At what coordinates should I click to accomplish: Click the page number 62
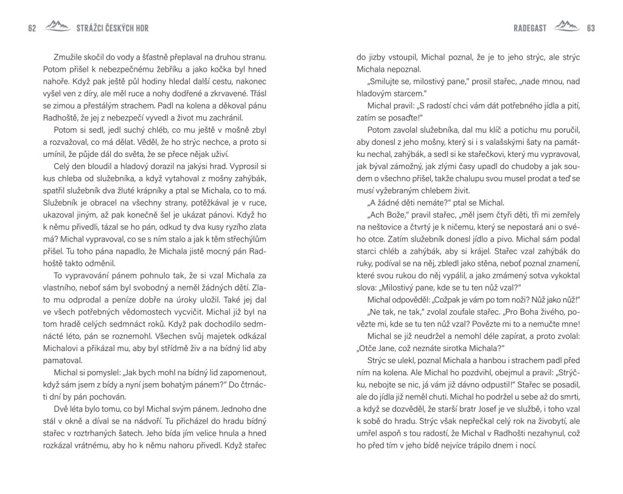coord(32,28)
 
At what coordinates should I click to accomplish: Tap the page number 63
coord(590,28)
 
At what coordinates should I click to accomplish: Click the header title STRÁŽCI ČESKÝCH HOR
coord(113,28)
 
